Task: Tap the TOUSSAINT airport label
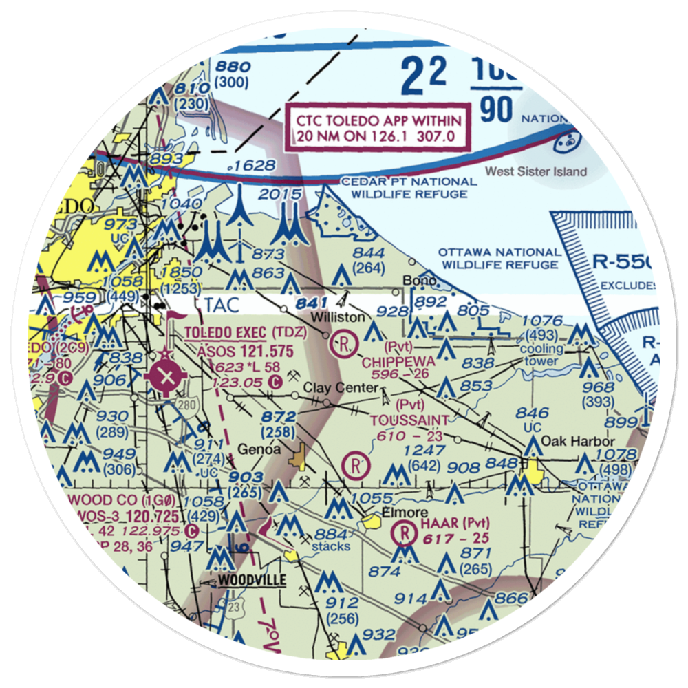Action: pos(409,420)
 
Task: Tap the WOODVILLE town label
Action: pos(252,581)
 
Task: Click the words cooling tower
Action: pos(544,355)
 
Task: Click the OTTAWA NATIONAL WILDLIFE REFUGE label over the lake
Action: pos(499,259)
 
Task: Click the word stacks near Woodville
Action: pos(329,548)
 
